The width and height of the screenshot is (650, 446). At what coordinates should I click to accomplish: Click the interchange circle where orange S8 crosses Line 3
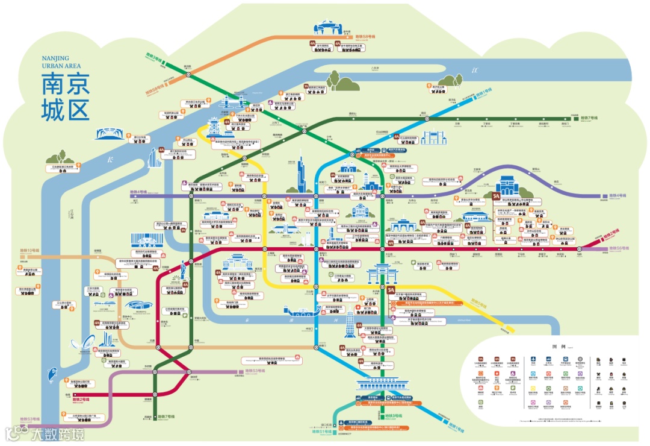coord(188,75)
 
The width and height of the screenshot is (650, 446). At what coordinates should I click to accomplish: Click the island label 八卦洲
coord(376,68)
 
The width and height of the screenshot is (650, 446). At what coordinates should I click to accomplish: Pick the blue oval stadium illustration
coord(138,305)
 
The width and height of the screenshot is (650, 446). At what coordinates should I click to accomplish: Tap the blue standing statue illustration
coord(182,269)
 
